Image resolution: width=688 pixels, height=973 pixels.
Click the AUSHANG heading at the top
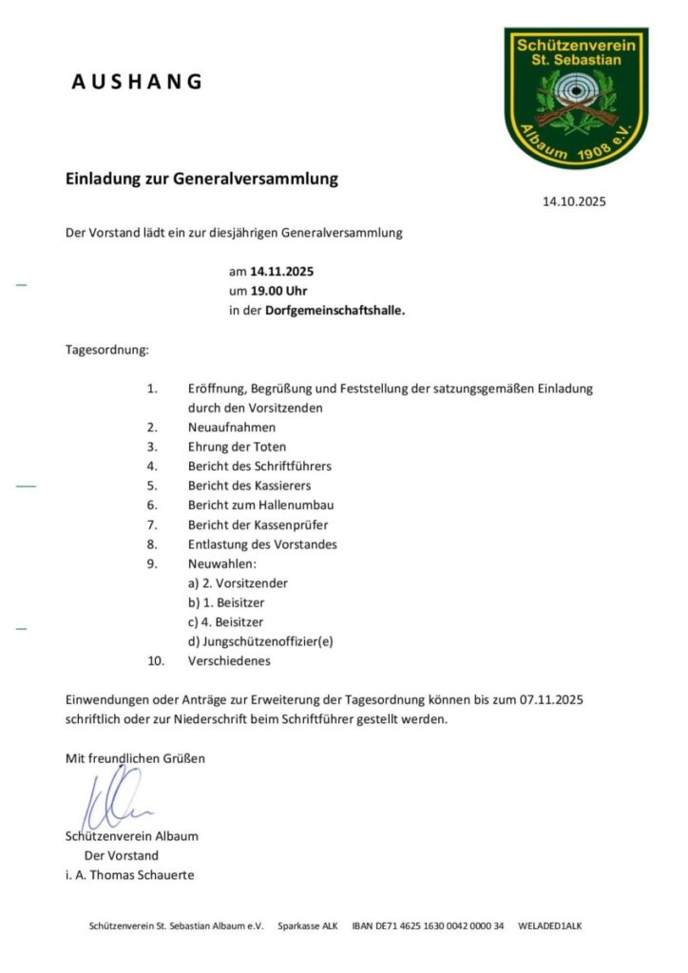[137, 82]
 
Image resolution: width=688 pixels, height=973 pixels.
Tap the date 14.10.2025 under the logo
[574, 201]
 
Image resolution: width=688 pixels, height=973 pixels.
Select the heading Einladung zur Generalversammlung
[201, 178]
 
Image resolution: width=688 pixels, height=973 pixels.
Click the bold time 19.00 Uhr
[277, 290]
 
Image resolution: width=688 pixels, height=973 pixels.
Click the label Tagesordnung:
[107, 350]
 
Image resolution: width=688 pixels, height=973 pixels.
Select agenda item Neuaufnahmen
[232, 428]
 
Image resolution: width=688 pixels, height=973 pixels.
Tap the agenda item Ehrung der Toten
[237, 447]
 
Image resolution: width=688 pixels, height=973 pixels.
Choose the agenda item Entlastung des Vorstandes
[262, 544]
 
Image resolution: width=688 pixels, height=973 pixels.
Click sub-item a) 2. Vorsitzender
[238, 583]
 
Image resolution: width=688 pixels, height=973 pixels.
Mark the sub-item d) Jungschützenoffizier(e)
[260, 641]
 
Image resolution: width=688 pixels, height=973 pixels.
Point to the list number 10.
[156, 660]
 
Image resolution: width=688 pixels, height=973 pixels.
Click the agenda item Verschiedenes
[229, 660]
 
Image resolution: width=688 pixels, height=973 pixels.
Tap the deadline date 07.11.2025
[551, 700]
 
